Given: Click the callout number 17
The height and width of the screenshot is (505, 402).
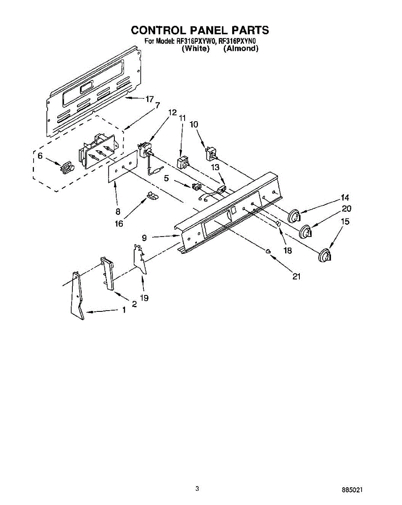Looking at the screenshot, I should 149,99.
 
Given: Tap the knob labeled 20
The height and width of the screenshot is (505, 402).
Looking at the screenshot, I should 305,232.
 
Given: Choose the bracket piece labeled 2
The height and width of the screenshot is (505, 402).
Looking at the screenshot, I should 108,273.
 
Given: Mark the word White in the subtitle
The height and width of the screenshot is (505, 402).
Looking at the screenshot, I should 196,49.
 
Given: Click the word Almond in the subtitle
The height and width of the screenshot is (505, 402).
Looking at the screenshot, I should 241,49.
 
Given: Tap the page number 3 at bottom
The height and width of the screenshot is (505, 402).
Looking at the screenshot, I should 197,489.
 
